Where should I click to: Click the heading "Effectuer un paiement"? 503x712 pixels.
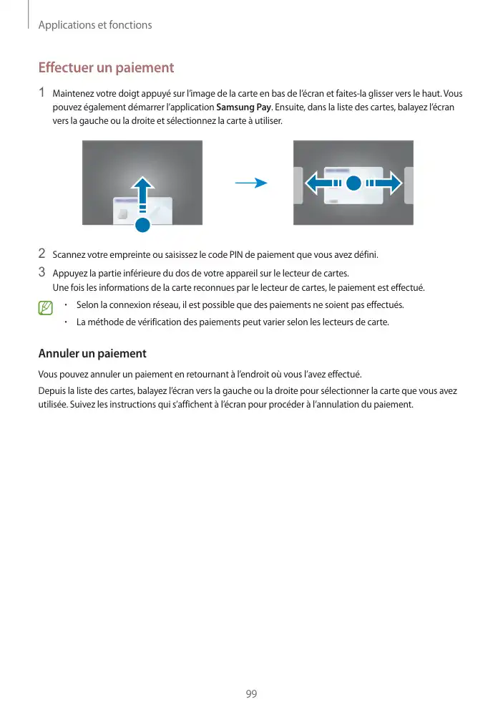click(x=106, y=68)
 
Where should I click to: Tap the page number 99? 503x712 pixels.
click(x=251, y=694)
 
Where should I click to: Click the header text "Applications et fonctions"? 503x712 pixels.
click(x=94, y=25)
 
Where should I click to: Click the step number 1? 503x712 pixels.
click(x=42, y=93)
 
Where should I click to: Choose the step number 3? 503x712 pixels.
click(x=42, y=272)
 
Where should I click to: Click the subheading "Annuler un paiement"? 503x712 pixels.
click(x=92, y=354)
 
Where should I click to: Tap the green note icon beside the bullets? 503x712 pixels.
click(x=47, y=309)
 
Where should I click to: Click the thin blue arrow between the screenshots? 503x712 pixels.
click(x=250, y=183)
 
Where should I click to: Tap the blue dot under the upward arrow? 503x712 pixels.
click(x=142, y=226)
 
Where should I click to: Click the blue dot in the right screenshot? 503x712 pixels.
click(x=353, y=183)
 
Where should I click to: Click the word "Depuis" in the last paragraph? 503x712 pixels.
click(x=51, y=391)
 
